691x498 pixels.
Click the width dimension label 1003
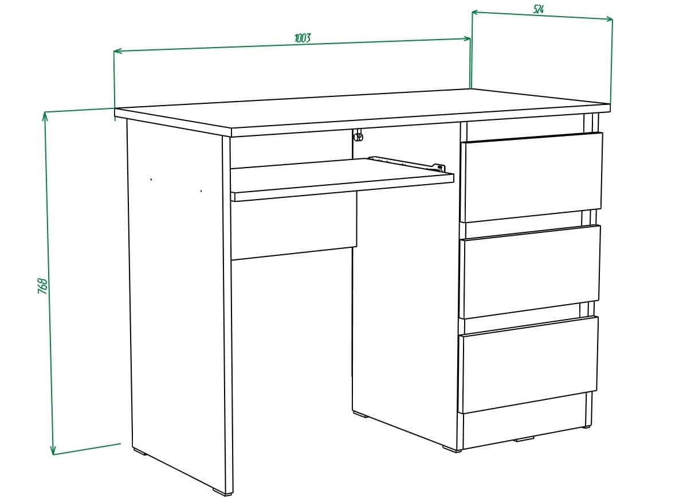(303, 38)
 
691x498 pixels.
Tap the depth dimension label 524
(538, 9)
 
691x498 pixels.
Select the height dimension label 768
(42, 286)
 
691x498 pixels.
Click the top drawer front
(531, 176)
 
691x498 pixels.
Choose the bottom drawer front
(528, 363)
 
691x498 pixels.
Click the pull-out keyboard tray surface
(338, 178)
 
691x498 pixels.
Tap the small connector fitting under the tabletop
(359, 137)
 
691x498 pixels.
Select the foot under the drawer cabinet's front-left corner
(452, 449)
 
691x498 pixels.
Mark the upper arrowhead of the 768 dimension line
(45, 115)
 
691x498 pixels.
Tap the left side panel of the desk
(175, 298)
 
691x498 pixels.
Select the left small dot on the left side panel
(151, 180)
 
